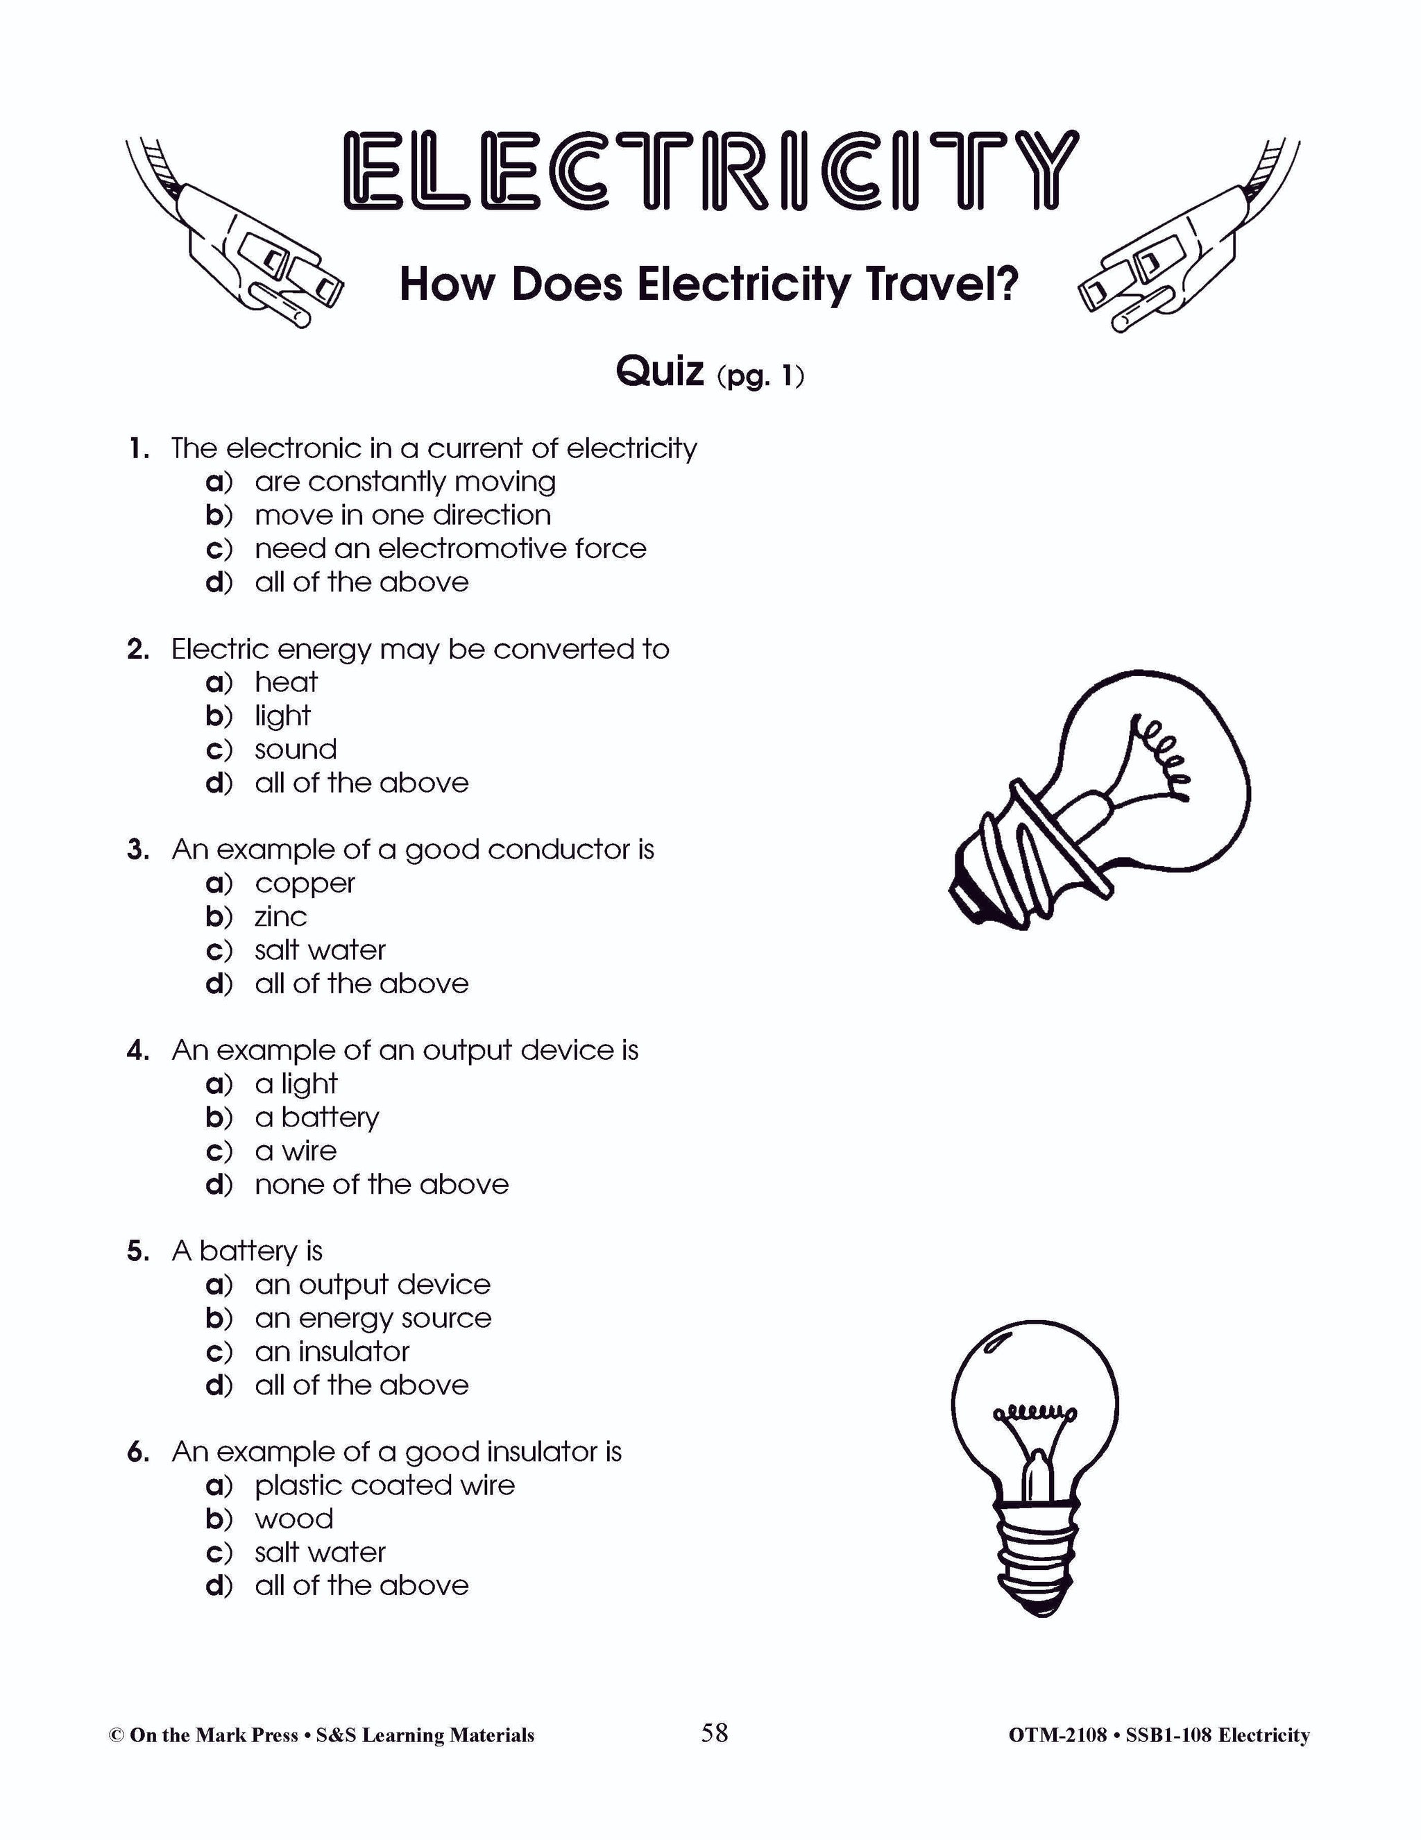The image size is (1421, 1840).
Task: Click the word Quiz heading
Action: [x=660, y=371]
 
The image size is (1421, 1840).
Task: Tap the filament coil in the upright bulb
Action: [x=1035, y=1414]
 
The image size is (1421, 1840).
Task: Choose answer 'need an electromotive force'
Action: [x=450, y=548]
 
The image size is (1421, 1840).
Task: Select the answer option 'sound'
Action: [x=296, y=749]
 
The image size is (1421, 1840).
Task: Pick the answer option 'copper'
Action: [x=305, y=883]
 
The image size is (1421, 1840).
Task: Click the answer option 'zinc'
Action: [x=281, y=917]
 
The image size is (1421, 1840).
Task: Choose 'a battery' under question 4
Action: [x=316, y=1117]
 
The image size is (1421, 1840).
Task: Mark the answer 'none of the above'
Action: [x=382, y=1185]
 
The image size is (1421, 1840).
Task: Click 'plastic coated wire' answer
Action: [x=384, y=1485]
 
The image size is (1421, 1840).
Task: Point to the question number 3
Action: [x=138, y=850]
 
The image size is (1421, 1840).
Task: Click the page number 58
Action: [x=714, y=1732]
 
